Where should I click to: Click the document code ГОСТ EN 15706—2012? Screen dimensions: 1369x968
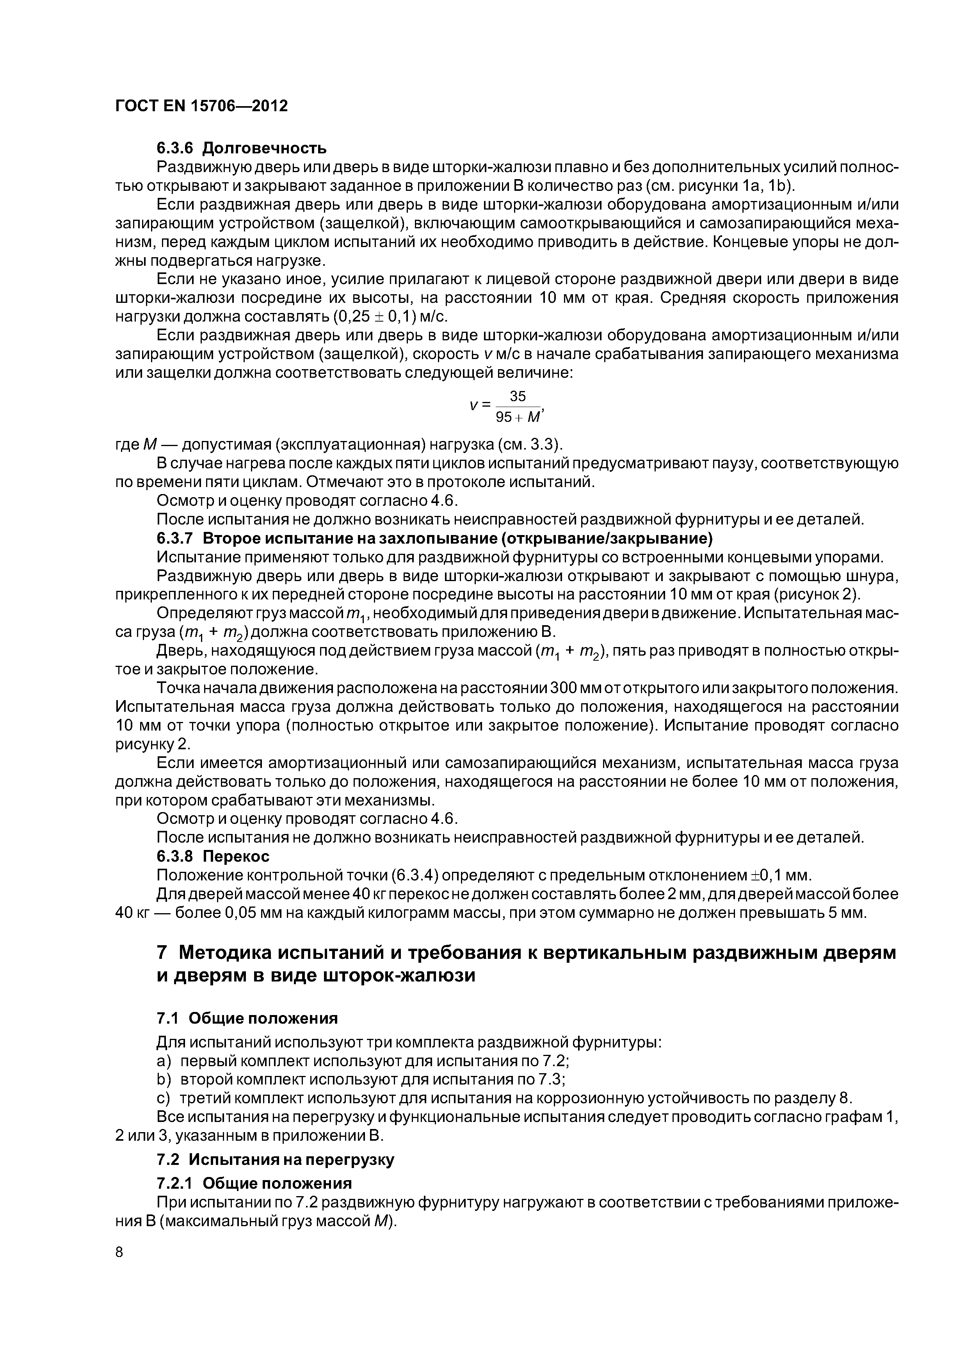pos(201,106)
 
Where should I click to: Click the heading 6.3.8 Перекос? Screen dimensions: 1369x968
pos(213,856)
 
